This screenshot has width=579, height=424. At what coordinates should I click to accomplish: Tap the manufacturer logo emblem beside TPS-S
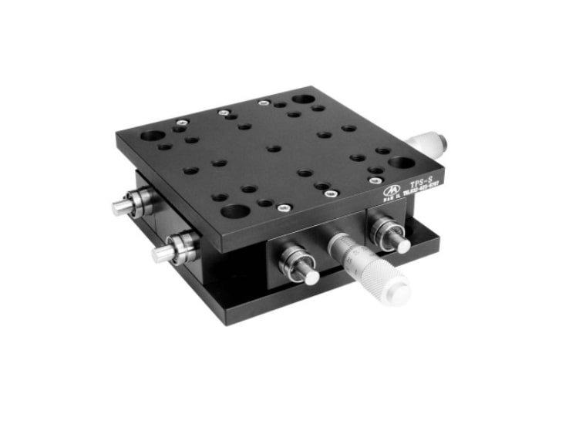(392, 187)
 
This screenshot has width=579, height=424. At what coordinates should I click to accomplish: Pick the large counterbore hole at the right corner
(400, 163)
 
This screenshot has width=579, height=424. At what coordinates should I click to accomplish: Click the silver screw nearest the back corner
(264, 101)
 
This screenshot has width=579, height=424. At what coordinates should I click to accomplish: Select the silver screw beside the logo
(375, 180)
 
